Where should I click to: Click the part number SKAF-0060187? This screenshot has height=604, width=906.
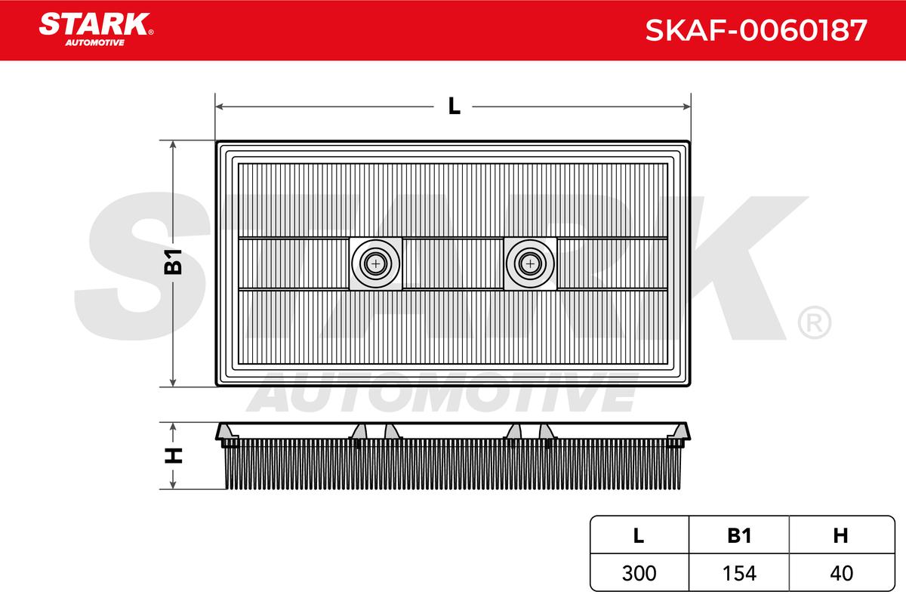(x=756, y=30)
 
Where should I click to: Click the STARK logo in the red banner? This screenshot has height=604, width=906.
(x=96, y=25)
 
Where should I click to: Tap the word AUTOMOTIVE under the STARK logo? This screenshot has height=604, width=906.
(x=94, y=43)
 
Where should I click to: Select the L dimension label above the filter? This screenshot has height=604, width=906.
(x=455, y=106)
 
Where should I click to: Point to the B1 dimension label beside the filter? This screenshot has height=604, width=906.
(x=173, y=262)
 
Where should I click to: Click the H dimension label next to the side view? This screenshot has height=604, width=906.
(x=173, y=455)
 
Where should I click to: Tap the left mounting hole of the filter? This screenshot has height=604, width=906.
(x=376, y=264)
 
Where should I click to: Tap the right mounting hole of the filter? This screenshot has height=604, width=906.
(x=530, y=264)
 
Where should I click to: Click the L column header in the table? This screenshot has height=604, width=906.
(x=639, y=535)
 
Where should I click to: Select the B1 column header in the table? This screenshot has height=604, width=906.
(x=739, y=535)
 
